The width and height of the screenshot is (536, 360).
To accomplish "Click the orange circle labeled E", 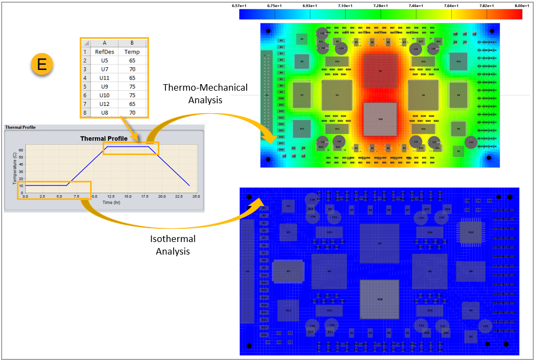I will (41, 65).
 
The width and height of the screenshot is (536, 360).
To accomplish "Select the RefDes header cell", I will (104, 52).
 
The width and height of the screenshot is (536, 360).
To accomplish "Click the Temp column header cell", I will (132, 52).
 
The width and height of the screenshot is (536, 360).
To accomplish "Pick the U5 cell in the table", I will (104, 61).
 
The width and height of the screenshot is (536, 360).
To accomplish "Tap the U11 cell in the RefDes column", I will (104, 78).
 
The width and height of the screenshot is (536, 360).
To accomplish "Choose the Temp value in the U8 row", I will (132, 113).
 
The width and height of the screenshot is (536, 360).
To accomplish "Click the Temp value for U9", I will (132, 86).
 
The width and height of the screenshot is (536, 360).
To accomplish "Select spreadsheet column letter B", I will (132, 43).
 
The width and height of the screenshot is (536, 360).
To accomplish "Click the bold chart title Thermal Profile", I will (104, 138).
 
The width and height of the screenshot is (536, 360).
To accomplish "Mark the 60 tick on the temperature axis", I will (21, 149).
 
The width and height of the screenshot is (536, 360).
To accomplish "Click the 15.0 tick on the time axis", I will (128, 196).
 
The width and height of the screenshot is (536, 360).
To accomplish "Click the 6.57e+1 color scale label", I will (239, 5).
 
